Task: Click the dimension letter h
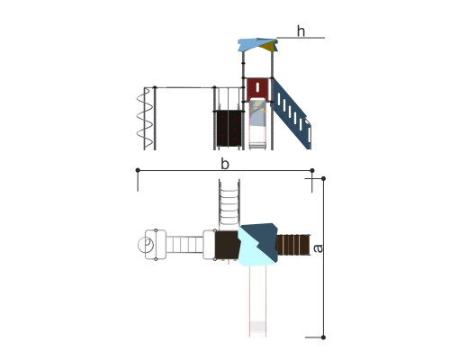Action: [301, 31]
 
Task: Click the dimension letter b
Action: [225, 164]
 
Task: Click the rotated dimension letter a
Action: [318, 248]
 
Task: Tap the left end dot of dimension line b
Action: [138, 170]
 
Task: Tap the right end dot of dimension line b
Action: [312, 171]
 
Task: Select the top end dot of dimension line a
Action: [323, 179]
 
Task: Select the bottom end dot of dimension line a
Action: [323, 337]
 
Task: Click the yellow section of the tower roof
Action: [268, 47]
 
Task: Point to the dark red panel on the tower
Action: [257, 89]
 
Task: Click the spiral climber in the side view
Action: [144, 119]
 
